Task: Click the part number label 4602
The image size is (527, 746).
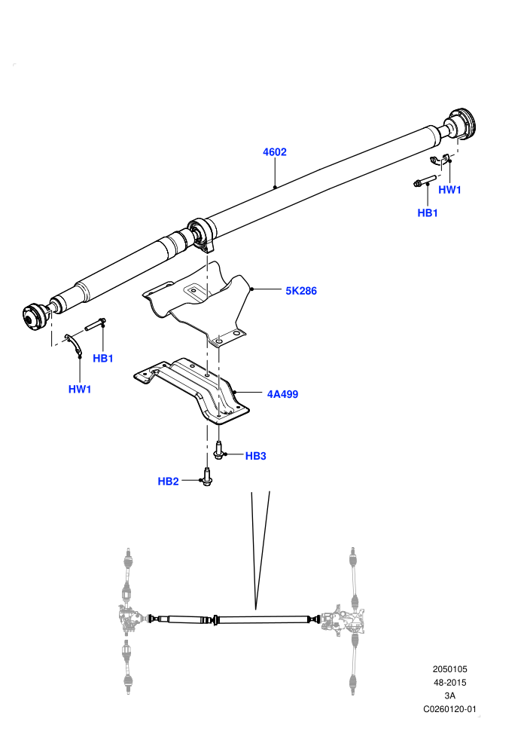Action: point(275,151)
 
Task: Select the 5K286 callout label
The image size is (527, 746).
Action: point(301,291)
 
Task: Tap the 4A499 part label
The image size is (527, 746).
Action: point(282,394)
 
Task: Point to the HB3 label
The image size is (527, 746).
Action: point(255,456)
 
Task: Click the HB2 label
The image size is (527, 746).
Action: point(168,481)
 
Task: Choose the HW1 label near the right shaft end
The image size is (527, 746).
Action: point(449,189)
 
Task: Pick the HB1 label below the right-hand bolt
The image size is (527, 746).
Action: point(427,212)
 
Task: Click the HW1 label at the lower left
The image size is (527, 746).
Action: point(80,389)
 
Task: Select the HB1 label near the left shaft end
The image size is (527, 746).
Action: point(102,358)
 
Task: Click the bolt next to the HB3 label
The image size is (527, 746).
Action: point(218,450)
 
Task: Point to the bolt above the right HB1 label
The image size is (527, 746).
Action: point(425,182)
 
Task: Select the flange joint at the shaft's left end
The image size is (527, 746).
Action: point(36,316)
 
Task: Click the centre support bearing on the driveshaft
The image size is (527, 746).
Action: point(202,234)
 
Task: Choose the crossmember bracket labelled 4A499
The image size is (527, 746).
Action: point(192,388)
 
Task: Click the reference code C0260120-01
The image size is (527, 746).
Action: point(449,709)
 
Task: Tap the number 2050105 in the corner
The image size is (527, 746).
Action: point(449,669)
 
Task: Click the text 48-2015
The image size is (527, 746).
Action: point(449,682)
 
